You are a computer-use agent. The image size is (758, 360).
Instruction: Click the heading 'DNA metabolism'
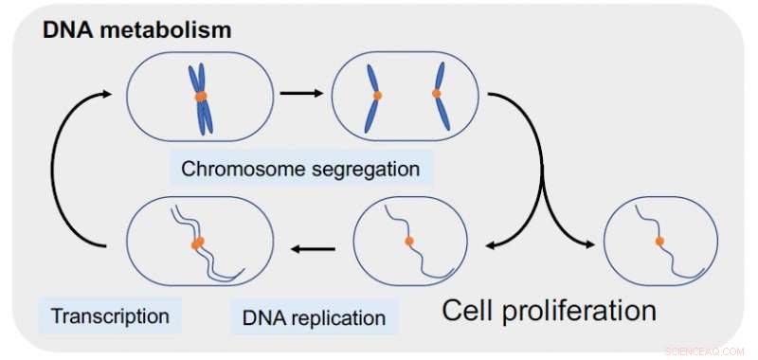(136, 30)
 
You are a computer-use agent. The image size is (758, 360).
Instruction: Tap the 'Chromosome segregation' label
(300, 170)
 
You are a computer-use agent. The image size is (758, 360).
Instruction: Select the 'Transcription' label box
(110, 314)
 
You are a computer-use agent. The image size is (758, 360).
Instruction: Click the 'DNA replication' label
(314, 316)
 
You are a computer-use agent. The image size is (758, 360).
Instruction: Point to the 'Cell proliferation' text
(550, 310)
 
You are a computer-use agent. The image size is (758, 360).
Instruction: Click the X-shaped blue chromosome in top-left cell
(201, 98)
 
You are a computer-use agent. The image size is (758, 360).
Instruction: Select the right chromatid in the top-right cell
(439, 96)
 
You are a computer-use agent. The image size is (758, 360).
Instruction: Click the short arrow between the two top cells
(301, 94)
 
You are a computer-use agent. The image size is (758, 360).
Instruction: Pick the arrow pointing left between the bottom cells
(314, 250)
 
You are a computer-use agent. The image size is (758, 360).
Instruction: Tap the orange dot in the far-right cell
(659, 242)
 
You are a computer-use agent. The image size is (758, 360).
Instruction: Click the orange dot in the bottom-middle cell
(409, 242)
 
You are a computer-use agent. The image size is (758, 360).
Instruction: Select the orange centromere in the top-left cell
(201, 96)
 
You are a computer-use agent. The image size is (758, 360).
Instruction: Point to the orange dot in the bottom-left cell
(198, 243)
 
